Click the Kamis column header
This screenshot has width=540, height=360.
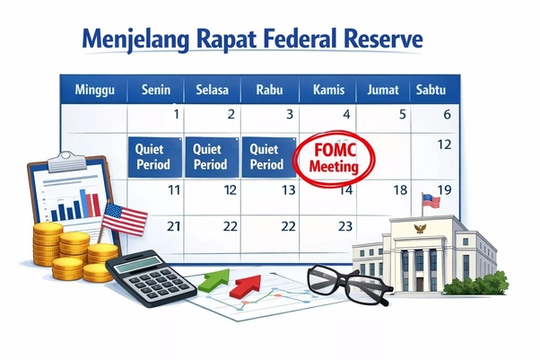click(330, 90)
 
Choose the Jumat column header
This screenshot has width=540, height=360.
click(384, 90)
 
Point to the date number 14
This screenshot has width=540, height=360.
click(344, 190)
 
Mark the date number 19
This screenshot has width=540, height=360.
click(443, 190)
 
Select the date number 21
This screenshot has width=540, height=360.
click(174, 226)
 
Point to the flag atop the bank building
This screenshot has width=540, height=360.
click(431, 200)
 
